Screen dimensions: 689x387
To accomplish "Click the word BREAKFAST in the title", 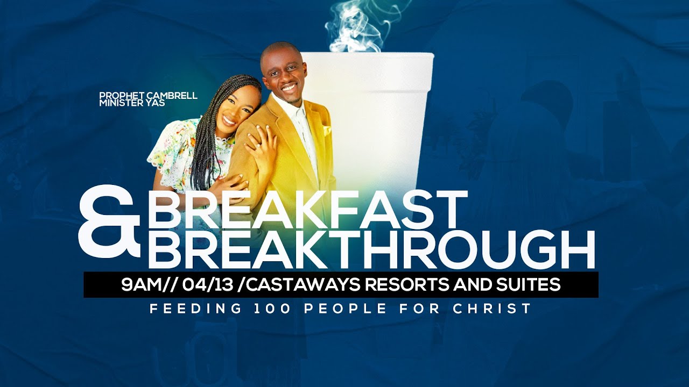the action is pyautogui.click(x=308, y=210).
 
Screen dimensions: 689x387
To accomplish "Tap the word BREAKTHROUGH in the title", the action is pyautogui.click(x=371, y=249).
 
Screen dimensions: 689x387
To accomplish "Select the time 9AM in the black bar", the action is pyautogui.click(x=141, y=285).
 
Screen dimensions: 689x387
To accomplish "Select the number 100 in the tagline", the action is pyautogui.click(x=272, y=309).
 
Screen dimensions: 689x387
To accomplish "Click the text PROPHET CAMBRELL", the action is pyautogui.click(x=148, y=96).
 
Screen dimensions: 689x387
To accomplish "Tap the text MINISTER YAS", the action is pyautogui.click(x=132, y=103).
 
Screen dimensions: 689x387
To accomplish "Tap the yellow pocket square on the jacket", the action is pyautogui.click(x=326, y=130).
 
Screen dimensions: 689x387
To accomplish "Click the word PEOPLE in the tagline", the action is pyautogui.click(x=345, y=309).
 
